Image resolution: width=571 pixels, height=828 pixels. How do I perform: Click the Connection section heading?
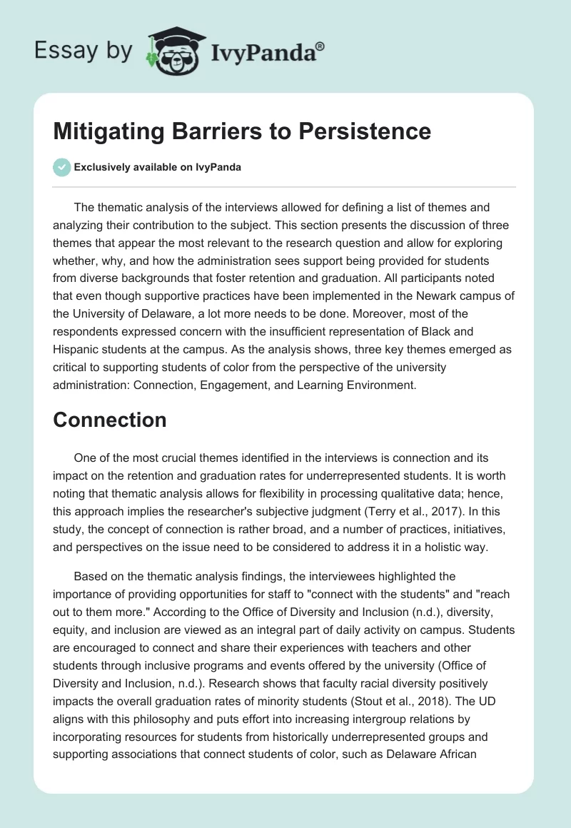[109, 420]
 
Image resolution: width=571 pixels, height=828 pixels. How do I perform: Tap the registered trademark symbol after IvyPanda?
[320, 45]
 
